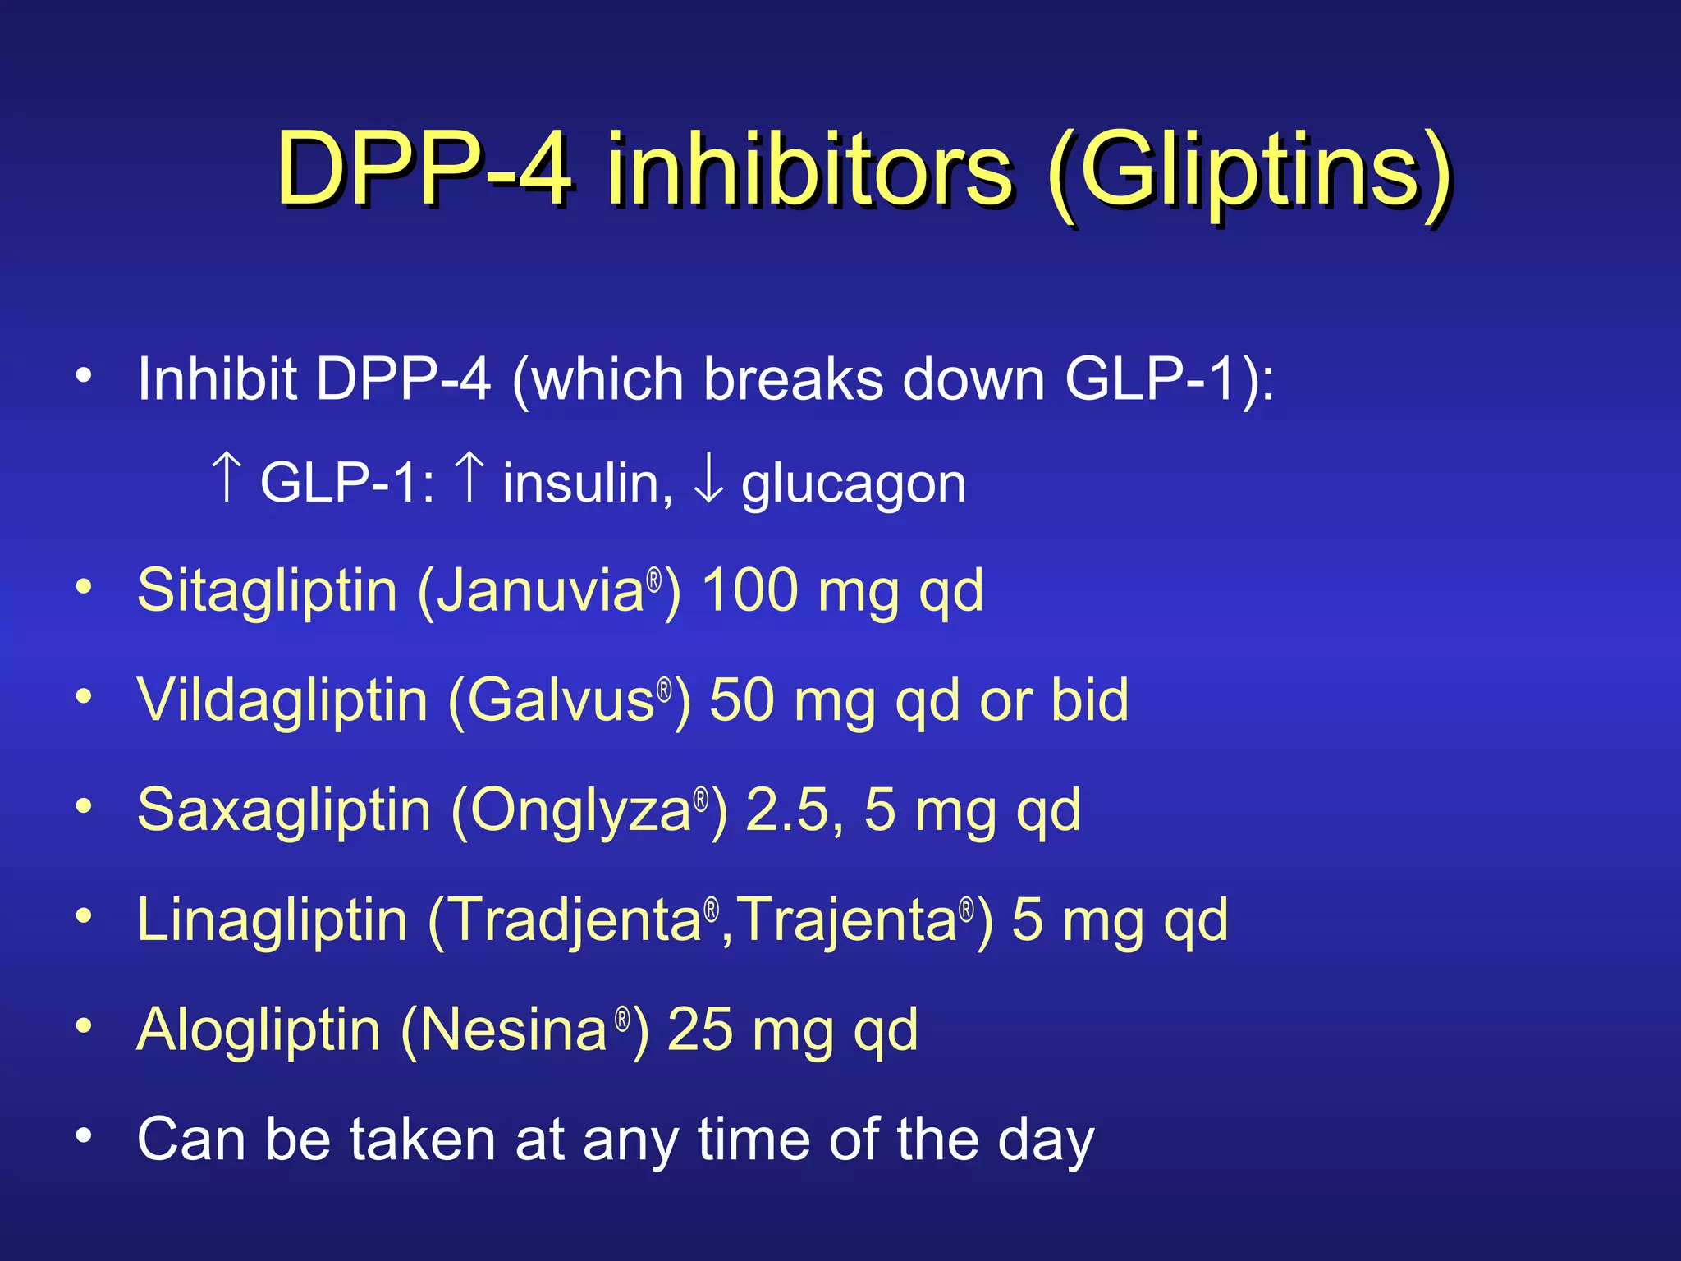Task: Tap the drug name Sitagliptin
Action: pos(268,591)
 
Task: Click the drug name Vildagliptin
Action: pos(282,701)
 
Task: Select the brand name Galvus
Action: pos(561,701)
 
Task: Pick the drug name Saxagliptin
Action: pos(284,811)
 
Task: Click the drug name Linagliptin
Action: pos(273,920)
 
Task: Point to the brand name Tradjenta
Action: pos(575,920)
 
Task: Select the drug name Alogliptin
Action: pos(259,1030)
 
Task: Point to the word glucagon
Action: pos(854,484)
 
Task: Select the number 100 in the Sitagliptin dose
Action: pos(750,591)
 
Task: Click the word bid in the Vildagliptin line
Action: pos(1090,701)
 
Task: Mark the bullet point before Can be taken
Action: pos(84,1136)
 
